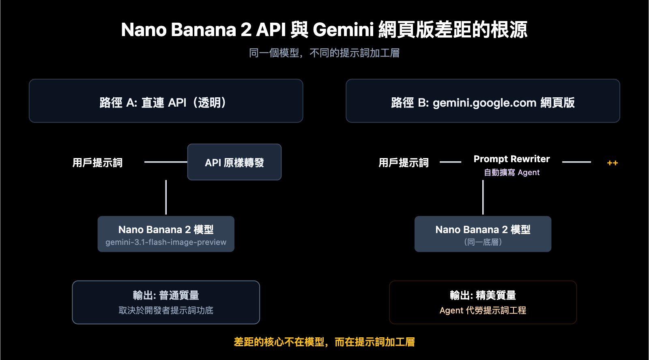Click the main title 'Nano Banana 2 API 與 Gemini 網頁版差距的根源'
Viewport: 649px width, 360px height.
pyautogui.click(x=324, y=30)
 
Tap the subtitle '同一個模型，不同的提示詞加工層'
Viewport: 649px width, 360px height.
pyautogui.click(x=324, y=53)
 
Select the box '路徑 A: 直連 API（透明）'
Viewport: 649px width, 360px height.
pyautogui.click(x=166, y=101)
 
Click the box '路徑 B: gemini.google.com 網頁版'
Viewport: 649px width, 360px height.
pyautogui.click(x=483, y=101)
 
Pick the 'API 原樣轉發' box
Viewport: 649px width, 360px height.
pyautogui.click(x=234, y=162)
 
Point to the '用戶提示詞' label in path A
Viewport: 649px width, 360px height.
pyautogui.click(x=97, y=163)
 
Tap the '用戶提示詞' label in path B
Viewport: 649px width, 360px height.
pyautogui.click(x=404, y=163)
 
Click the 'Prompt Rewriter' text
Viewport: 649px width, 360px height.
pyautogui.click(x=511, y=159)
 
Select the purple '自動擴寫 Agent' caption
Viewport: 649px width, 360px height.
pyautogui.click(x=511, y=172)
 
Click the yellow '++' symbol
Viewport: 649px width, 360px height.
pyautogui.click(x=612, y=163)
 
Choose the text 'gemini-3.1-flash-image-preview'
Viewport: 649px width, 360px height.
pyautogui.click(x=166, y=242)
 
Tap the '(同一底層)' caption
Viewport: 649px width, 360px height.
pyautogui.click(x=483, y=242)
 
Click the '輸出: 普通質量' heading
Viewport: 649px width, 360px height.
pyautogui.click(x=166, y=295)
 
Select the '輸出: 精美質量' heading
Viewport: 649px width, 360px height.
pyautogui.click(x=483, y=295)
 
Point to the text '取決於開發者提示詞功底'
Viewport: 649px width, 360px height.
pyautogui.click(x=166, y=311)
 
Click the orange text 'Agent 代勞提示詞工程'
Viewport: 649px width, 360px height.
pyautogui.click(x=483, y=311)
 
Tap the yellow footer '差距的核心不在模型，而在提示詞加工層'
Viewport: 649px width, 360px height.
pyautogui.click(x=324, y=342)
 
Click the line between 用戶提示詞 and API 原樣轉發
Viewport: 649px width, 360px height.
pyautogui.click(x=165, y=162)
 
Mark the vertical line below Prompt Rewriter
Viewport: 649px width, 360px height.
pyautogui.click(x=483, y=197)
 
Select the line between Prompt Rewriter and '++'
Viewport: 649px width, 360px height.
pyautogui.click(x=576, y=162)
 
